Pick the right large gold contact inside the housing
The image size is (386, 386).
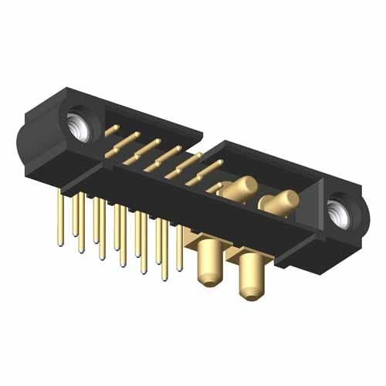pos(279,203)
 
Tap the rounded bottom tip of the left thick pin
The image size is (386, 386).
pos(209,281)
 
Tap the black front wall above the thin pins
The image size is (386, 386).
pos(154,189)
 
